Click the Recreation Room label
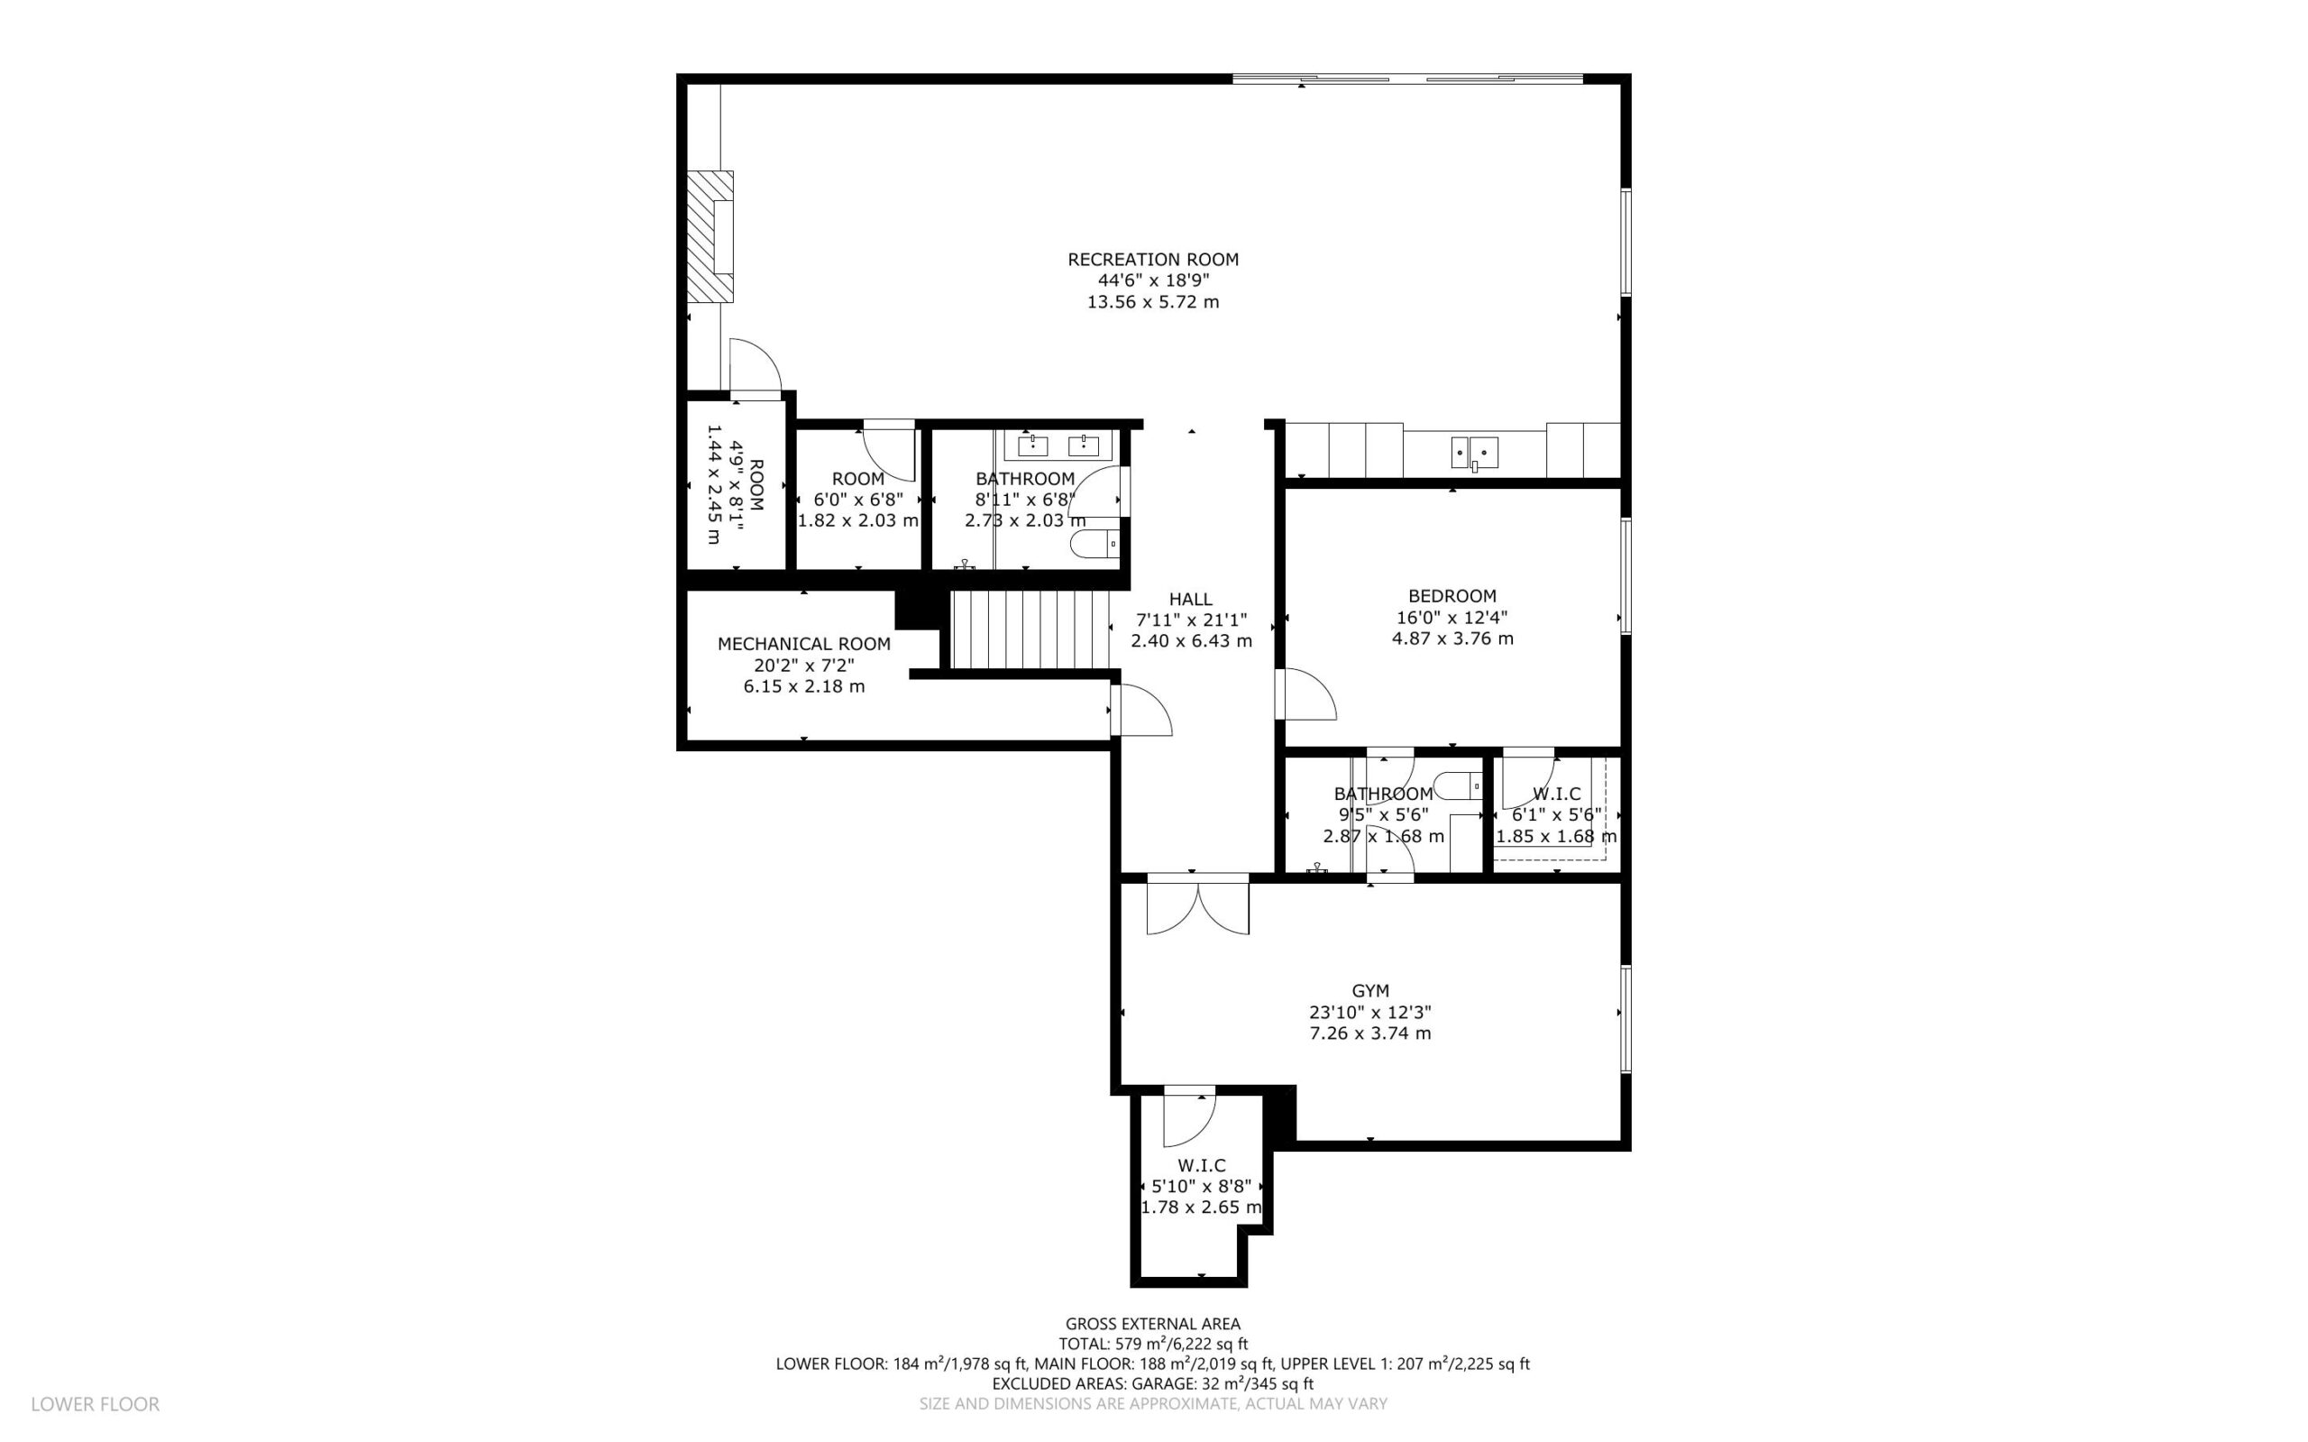(1152, 260)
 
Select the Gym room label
(1370, 991)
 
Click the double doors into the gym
(1197, 905)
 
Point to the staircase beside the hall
(1030, 629)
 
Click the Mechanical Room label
(803, 644)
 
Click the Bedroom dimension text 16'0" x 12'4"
(1452, 617)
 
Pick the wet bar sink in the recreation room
(1474, 453)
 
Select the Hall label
(1191, 599)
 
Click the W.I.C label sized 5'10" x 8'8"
(1201, 1165)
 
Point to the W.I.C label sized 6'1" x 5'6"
(1557, 794)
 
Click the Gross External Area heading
(1152, 1324)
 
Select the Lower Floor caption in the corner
(96, 1404)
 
